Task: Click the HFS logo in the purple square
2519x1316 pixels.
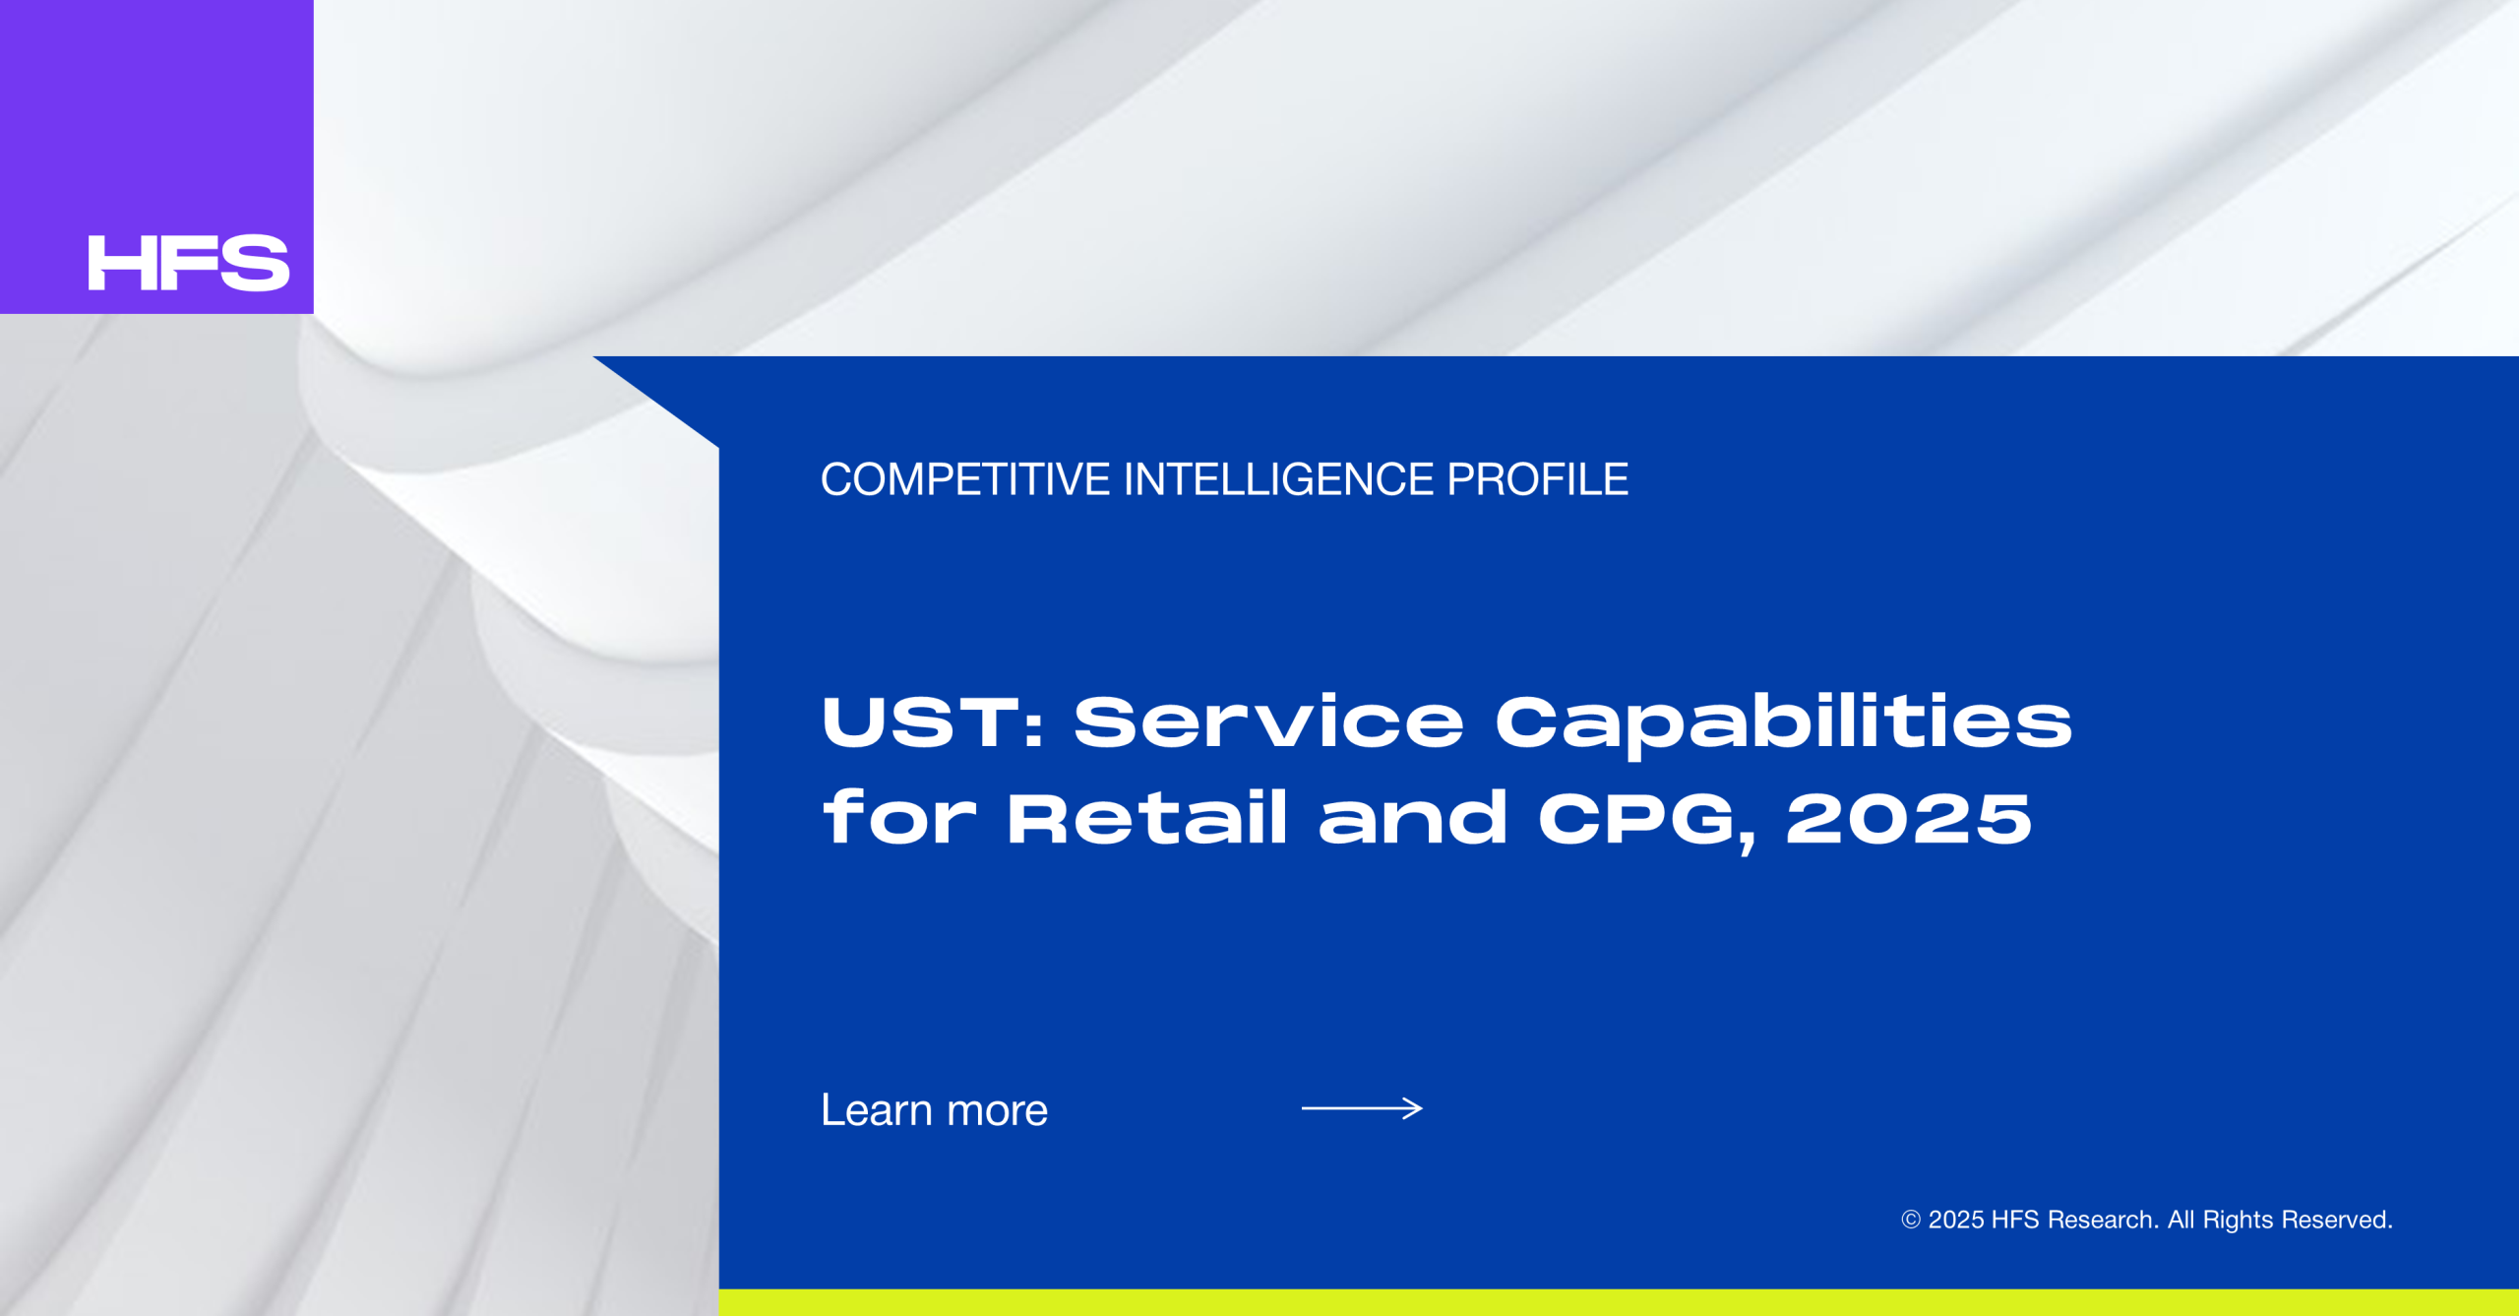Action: pos(189,263)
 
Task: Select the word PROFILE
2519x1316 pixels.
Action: pos(1537,479)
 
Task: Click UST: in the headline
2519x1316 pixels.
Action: pos(932,721)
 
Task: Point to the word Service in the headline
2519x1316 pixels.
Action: pos(1268,721)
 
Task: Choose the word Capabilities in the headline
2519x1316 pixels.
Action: pos(1784,725)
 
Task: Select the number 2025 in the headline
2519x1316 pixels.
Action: pos(1909,819)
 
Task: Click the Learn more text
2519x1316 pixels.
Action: pos(935,1109)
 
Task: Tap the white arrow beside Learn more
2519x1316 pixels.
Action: pos(1362,1108)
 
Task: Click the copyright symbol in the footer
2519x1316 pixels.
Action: pos(1911,1220)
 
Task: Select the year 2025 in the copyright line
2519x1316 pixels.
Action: pos(1956,1220)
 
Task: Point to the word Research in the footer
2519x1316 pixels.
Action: pos(2103,1220)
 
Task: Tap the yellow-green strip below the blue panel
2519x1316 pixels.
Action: pos(1619,1302)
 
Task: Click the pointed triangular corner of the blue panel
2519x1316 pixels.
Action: pos(594,357)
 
